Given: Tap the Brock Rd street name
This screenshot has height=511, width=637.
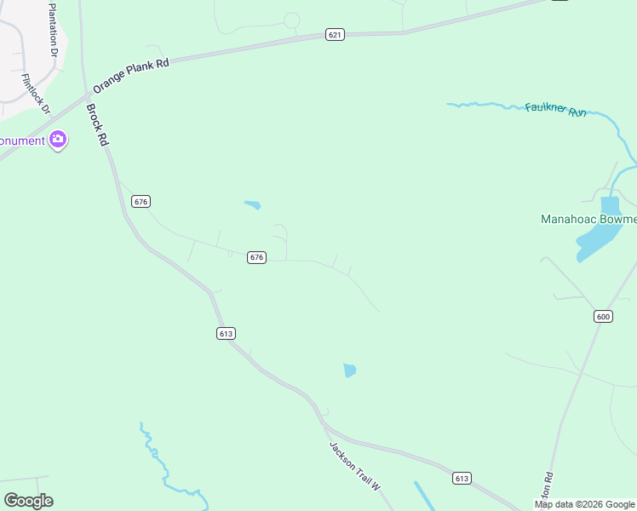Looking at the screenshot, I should [x=98, y=124].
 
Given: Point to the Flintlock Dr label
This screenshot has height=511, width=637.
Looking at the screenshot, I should [x=37, y=95].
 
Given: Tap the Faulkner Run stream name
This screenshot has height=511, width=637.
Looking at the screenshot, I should [x=556, y=110].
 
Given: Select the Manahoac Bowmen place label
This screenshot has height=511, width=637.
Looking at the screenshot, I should [x=588, y=219].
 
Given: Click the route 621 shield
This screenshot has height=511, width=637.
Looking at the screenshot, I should [x=335, y=35].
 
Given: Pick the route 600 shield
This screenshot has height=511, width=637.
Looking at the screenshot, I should [x=603, y=317].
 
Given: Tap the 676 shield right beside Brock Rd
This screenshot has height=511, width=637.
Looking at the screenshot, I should [x=141, y=202].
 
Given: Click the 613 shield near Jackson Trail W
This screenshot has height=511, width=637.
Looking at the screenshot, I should [x=462, y=479].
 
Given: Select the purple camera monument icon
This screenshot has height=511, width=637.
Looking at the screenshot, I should [x=58, y=140].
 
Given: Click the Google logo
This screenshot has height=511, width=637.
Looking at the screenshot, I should [x=28, y=501].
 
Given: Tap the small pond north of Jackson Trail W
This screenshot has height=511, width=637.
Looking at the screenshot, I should [x=349, y=370].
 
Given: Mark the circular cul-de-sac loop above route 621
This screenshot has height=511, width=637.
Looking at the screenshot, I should [x=291, y=20].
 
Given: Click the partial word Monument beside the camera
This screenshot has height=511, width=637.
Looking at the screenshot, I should [x=21, y=141].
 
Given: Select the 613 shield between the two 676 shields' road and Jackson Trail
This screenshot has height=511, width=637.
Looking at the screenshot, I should [x=226, y=334].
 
